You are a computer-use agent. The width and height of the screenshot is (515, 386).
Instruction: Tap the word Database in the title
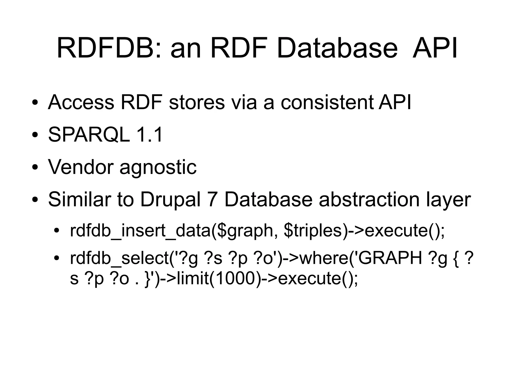(x=337, y=48)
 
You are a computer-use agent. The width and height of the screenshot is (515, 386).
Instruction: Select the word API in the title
(x=435, y=48)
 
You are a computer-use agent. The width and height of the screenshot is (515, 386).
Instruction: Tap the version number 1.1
(x=149, y=135)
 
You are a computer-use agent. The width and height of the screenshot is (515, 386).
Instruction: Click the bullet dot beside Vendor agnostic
(x=35, y=167)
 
